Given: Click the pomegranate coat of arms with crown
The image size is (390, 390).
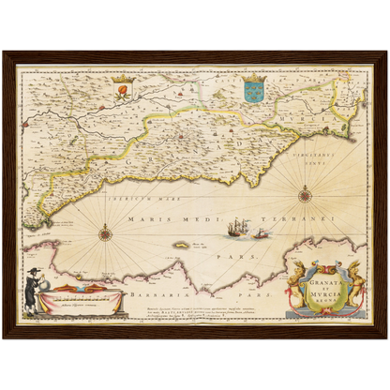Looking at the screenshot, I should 119,89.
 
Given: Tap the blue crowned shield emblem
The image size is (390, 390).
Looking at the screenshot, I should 253,90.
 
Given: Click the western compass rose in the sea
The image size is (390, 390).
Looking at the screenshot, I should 106,233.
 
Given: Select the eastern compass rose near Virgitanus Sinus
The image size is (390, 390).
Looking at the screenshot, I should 305,195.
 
